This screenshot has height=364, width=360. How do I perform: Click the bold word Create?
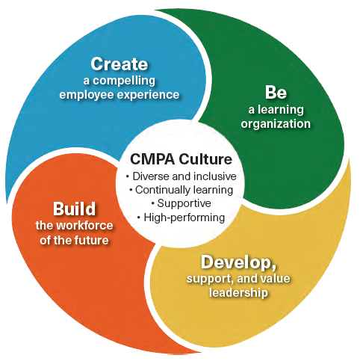tap(119, 64)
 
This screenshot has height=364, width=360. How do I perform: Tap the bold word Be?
tap(276, 93)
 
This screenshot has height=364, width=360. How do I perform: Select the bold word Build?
tap(74, 209)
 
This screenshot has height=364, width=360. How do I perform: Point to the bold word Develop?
tap(238, 262)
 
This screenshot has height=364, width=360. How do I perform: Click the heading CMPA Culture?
tap(181, 159)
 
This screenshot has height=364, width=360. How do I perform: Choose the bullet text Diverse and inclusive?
tap(184, 176)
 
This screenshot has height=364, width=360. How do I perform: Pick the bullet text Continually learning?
tap(184, 190)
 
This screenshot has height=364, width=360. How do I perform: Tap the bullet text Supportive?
tap(184, 203)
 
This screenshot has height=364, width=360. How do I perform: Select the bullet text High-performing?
tap(184, 218)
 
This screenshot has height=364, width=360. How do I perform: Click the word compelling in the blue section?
tap(124, 81)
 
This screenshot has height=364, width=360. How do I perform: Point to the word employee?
tap(87, 95)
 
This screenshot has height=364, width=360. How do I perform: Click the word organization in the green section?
tap(276, 124)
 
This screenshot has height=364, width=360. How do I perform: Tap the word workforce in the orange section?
tap(84, 226)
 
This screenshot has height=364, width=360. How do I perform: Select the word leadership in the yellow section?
tap(238, 292)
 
